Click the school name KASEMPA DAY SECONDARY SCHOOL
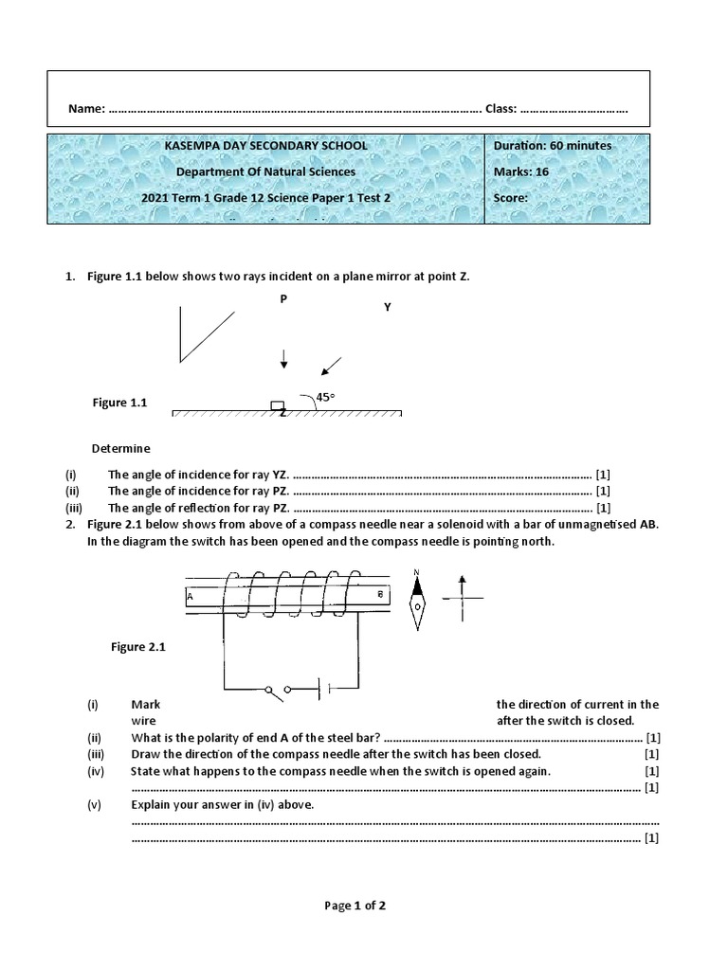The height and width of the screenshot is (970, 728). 265,146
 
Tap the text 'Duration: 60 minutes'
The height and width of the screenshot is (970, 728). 553,146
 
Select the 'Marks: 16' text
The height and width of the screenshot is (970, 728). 521,172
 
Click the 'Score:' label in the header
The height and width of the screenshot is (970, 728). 511,199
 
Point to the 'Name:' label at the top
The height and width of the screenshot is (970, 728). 86,109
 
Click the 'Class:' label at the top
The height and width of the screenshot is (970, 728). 500,109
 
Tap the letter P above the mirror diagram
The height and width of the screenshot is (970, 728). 282,298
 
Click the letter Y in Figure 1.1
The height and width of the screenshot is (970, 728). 387,308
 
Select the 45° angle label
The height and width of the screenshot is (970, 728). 325,398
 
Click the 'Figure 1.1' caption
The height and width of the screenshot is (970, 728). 119,403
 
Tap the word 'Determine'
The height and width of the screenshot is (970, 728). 120,448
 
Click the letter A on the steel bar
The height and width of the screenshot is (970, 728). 191,598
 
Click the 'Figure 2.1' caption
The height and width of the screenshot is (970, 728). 138,647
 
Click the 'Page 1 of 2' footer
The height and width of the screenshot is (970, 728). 355,906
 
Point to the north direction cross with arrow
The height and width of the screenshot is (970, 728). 462,598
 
